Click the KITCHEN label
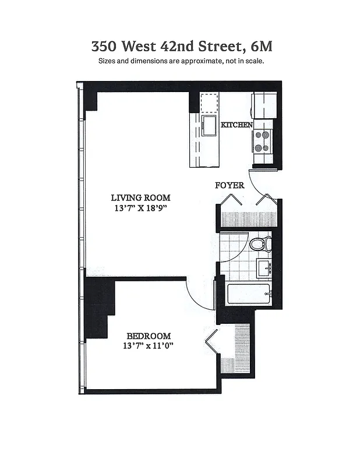(237, 125)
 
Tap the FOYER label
(230, 185)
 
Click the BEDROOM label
(149, 336)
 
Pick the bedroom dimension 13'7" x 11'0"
(149, 346)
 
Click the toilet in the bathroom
(260, 243)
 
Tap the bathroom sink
(264, 269)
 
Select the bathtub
(248, 294)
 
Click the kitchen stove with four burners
(262, 141)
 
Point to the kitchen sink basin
(208, 125)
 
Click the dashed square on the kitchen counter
(209, 103)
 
